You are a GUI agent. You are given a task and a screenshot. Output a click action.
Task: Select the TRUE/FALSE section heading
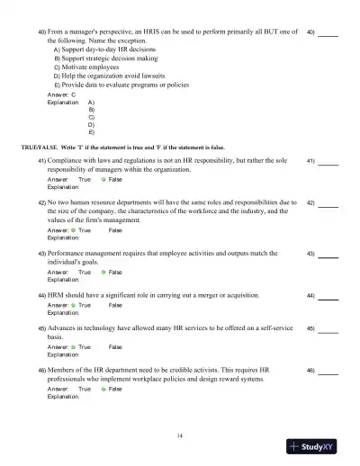pyautogui.click(x=122, y=147)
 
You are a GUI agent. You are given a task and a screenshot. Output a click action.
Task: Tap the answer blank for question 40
pyautogui.click(x=328, y=33)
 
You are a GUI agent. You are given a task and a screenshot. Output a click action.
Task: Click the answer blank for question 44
pyautogui.click(x=328, y=295)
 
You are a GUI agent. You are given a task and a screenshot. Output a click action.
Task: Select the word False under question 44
pyautogui.click(x=114, y=305)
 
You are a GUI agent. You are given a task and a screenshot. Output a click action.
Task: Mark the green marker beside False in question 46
pyautogui.click(x=103, y=388)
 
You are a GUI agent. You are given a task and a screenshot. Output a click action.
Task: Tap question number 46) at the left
pyautogui.click(x=41, y=369)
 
